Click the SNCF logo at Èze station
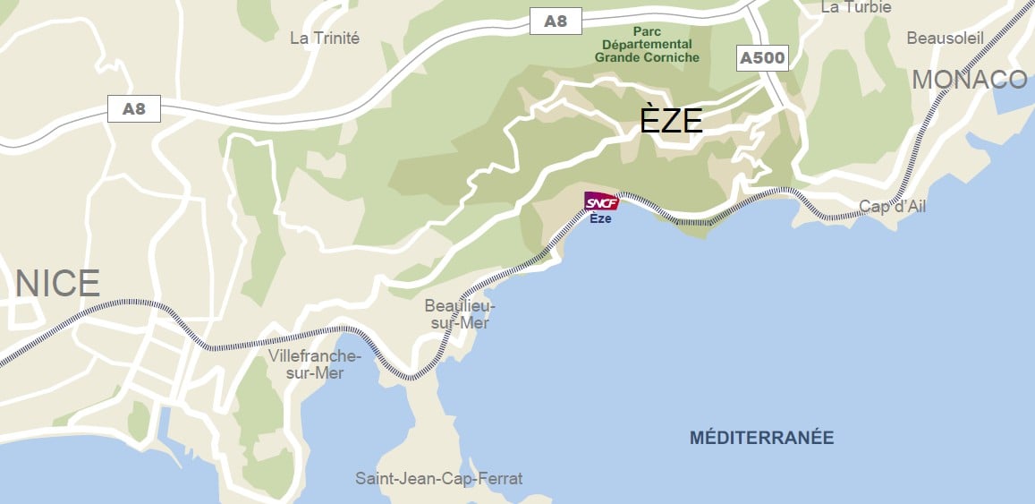click(x=601, y=202)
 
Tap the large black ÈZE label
click(x=671, y=120)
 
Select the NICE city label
click(x=57, y=284)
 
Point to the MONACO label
click(x=970, y=80)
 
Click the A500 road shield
click(x=762, y=59)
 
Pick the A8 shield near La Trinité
click(x=556, y=21)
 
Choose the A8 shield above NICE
click(x=133, y=109)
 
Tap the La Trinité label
click(x=325, y=38)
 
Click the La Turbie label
click(x=856, y=7)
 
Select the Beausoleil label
click(x=945, y=38)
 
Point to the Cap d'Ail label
click(x=892, y=207)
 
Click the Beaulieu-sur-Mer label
click(x=460, y=314)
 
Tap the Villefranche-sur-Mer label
click(x=315, y=364)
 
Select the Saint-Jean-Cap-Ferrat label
click(x=438, y=479)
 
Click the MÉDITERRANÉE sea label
click(x=761, y=438)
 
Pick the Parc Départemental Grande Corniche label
click(x=647, y=44)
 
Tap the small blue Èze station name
click(x=600, y=219)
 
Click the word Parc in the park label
click(x=647, y=30)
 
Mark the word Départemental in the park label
click(x=647, y=44)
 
